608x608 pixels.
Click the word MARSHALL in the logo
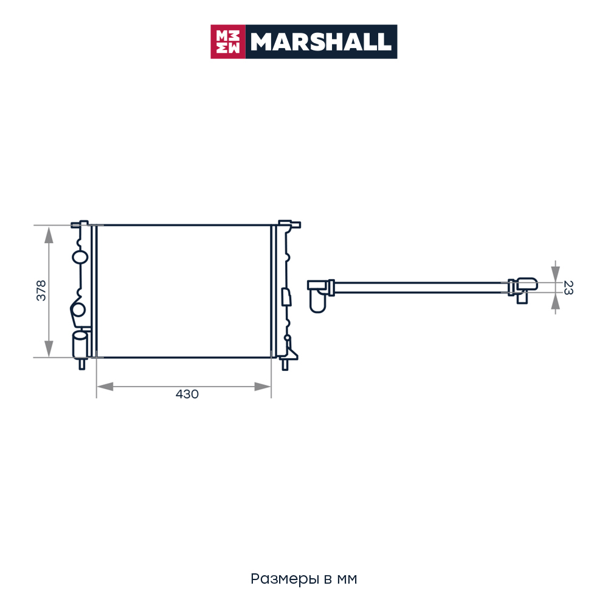[320, 42]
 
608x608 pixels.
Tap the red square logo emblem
[228, 42]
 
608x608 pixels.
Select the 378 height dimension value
[41, 291]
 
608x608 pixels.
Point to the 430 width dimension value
[187, 394]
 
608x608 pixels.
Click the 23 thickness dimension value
[568, 288]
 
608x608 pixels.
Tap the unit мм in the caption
[347, 579]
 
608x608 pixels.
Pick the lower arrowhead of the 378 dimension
[49, 348]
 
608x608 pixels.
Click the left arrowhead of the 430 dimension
[105, 387]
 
